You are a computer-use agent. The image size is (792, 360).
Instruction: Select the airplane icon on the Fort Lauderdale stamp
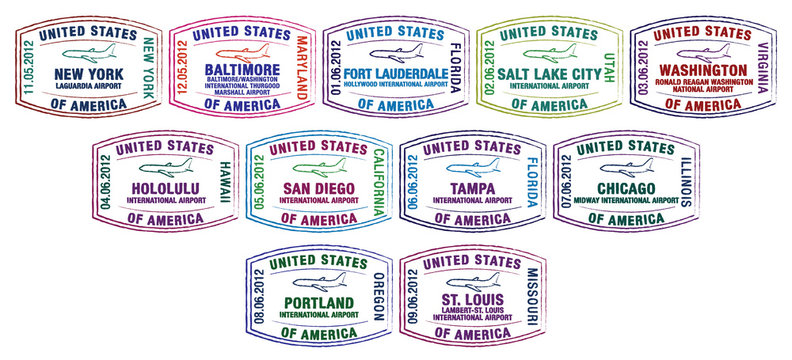click(396, 52)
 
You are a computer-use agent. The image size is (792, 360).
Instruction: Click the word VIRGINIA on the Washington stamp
click(763, 68)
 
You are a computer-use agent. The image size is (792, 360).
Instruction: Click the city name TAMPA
click(472, 187)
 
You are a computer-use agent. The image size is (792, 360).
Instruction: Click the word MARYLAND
click(303, 67)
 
